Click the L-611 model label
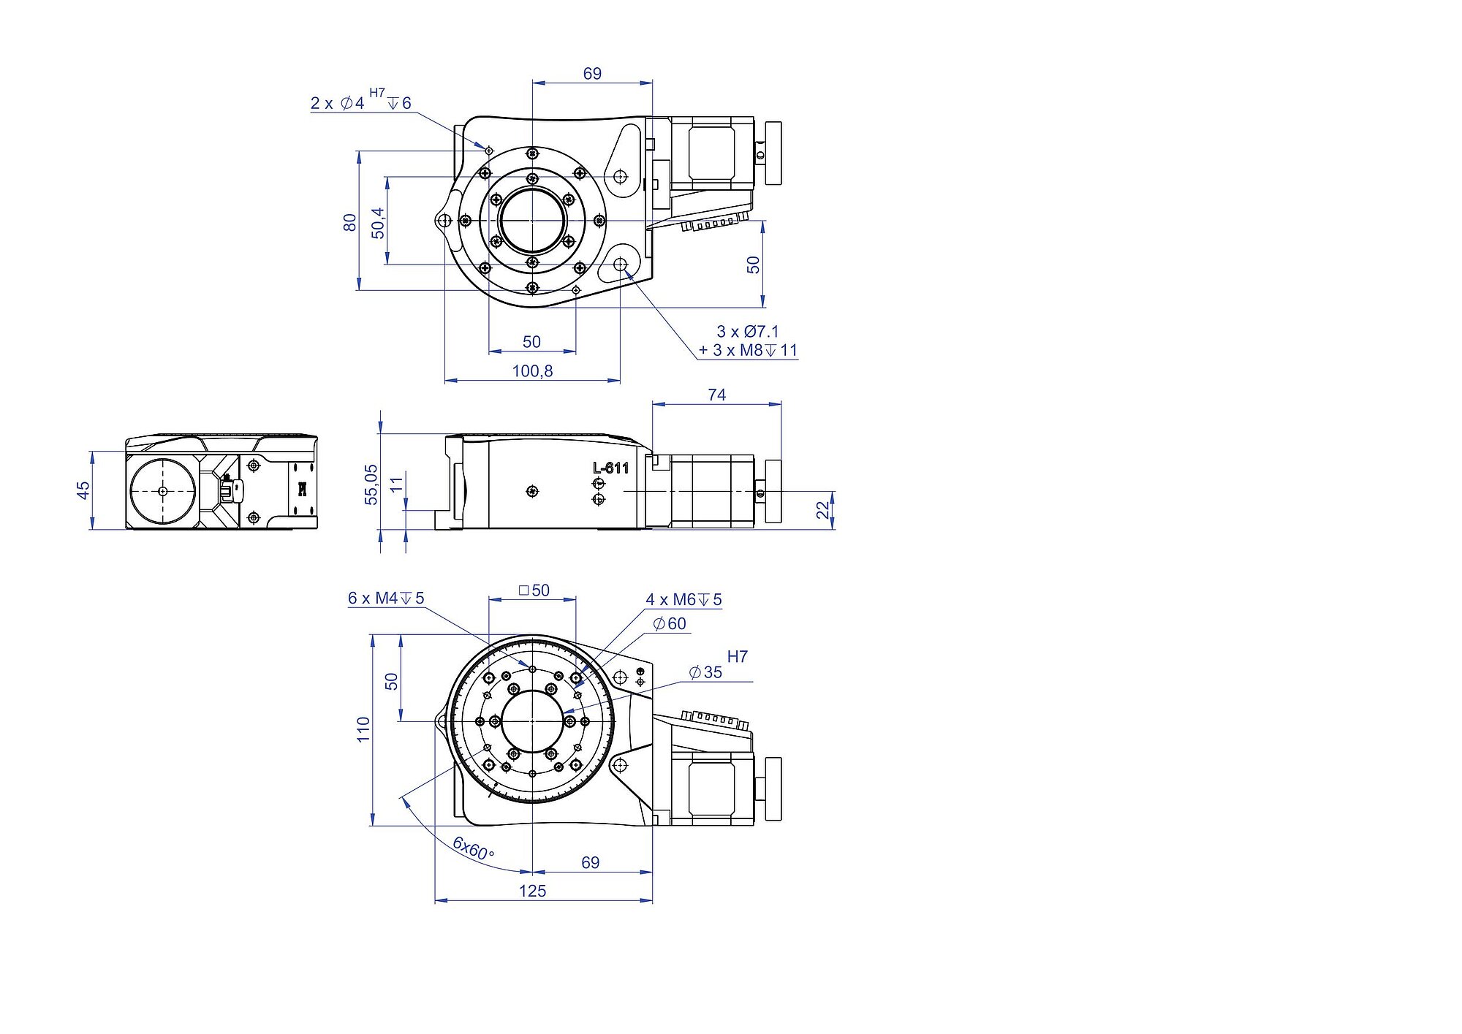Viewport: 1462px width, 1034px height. click(610, 468)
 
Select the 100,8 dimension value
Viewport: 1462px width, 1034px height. click(532, 371)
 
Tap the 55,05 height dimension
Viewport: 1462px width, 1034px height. click(371, 484)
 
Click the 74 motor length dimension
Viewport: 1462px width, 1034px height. click(716, 395)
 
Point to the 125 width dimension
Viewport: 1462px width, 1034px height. click(532, 891)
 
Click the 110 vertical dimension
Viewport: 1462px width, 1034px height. click(363, 729)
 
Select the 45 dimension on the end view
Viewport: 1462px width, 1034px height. click(83, 490)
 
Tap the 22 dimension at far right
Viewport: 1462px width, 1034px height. click(824, 509)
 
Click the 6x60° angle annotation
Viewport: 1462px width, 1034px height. click(473, 848)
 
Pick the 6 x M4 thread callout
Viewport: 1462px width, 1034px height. click(386, 598)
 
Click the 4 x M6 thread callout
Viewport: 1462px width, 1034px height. click(683, 600)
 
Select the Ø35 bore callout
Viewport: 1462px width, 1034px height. click(705, 672)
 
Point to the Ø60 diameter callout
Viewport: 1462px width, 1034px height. click(670, 623)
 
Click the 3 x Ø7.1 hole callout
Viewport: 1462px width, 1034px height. click(748, 332)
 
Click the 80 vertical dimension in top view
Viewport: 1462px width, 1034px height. click(350, 222)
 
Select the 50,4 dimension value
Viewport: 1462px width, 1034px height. click(378, 222)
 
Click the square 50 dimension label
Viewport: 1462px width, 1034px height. click(534, 590)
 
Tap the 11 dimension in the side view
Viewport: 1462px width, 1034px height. click(397, 484)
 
